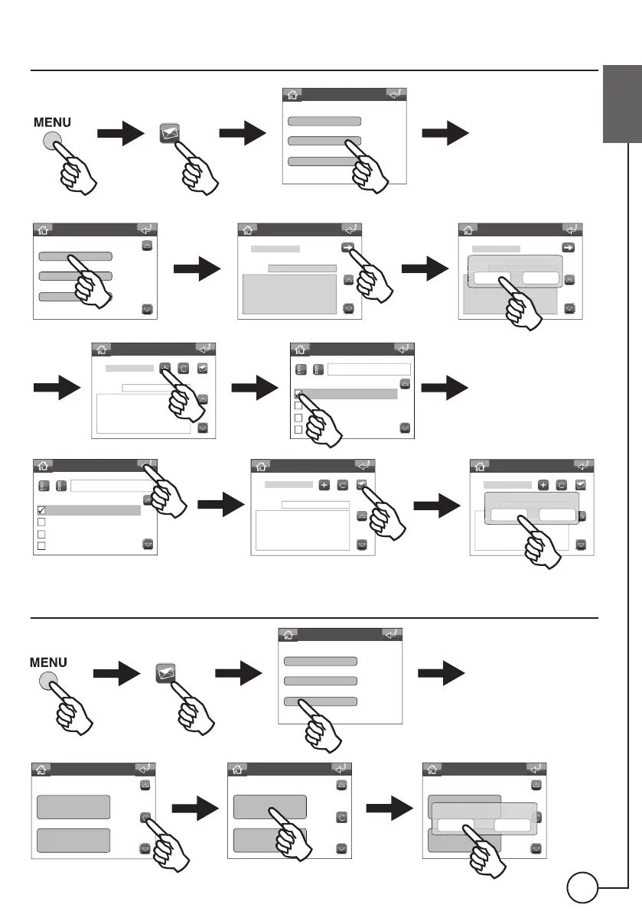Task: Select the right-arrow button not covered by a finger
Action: coord(569,248)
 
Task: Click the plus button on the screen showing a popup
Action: coord(543,485)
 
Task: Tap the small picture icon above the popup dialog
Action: coord(580,485)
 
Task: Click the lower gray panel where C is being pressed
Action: coord(73,842)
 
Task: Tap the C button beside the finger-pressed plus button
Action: coord(184,369)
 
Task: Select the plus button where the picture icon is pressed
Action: coord(324,485)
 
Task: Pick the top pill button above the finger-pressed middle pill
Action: coord(323,121)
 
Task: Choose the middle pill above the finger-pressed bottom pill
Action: coord(320,681)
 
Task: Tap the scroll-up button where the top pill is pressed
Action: coord(148,246)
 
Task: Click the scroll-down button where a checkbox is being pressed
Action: coord(404,428)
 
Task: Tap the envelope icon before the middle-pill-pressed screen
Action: coord(171,133)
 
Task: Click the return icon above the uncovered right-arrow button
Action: coord(571,229)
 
